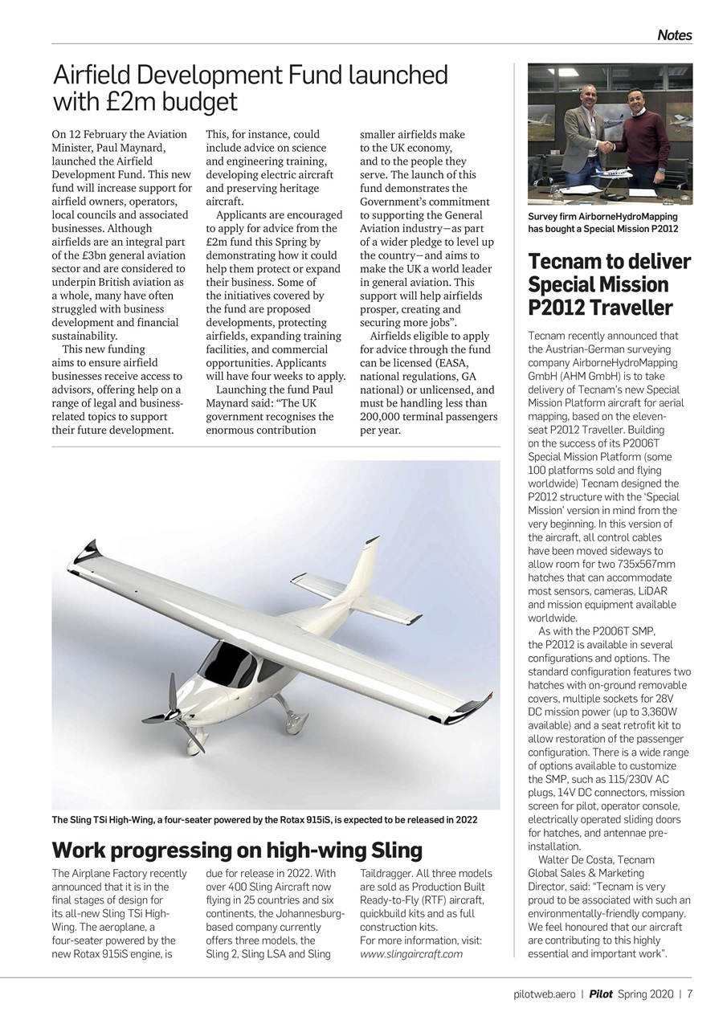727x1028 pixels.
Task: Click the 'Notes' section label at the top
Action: (x=674, y=35)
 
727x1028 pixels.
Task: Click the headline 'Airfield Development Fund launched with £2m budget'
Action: (x=250, y=88)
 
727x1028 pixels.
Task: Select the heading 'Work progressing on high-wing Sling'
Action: (x=236, y=850)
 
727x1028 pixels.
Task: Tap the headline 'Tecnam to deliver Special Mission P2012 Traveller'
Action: (x=609, y=284)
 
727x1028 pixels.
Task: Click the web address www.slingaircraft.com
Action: (x=411, y=954)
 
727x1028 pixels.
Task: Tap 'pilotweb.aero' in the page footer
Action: (x=545, y=993)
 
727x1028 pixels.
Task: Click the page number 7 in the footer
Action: (x=689, y=993)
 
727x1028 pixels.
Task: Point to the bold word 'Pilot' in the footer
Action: (x=601, y=993)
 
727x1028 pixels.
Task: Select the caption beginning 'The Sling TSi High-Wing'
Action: (x=264, y=820)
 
